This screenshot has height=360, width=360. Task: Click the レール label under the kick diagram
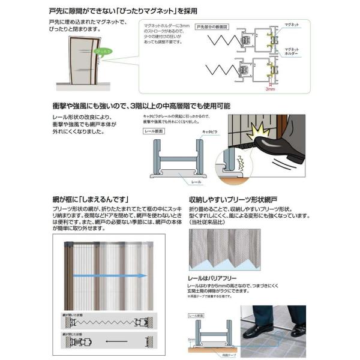197,180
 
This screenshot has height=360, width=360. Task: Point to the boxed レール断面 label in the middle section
153,131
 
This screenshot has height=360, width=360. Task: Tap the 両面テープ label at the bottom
222,355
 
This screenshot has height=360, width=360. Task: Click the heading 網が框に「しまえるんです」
91,199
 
